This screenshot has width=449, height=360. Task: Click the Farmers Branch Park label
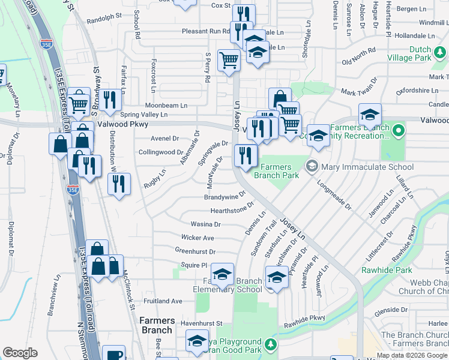click(277, 171)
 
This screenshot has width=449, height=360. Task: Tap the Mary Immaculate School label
click(367, 167)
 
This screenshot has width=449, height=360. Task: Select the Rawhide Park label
click(378, 270)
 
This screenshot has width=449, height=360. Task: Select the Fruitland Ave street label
click(163, 301)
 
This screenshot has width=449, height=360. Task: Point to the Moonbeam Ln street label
click(166, 105)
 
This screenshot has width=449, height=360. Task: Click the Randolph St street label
click(104, 19)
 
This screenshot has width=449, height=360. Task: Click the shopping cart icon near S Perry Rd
click(229, 60)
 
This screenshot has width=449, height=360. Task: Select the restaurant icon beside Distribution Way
click(119, 183)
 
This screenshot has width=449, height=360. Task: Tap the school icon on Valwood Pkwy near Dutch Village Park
click(370, 113)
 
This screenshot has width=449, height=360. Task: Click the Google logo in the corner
click(20, 353)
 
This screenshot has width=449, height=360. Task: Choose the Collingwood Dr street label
click(159, 152)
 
